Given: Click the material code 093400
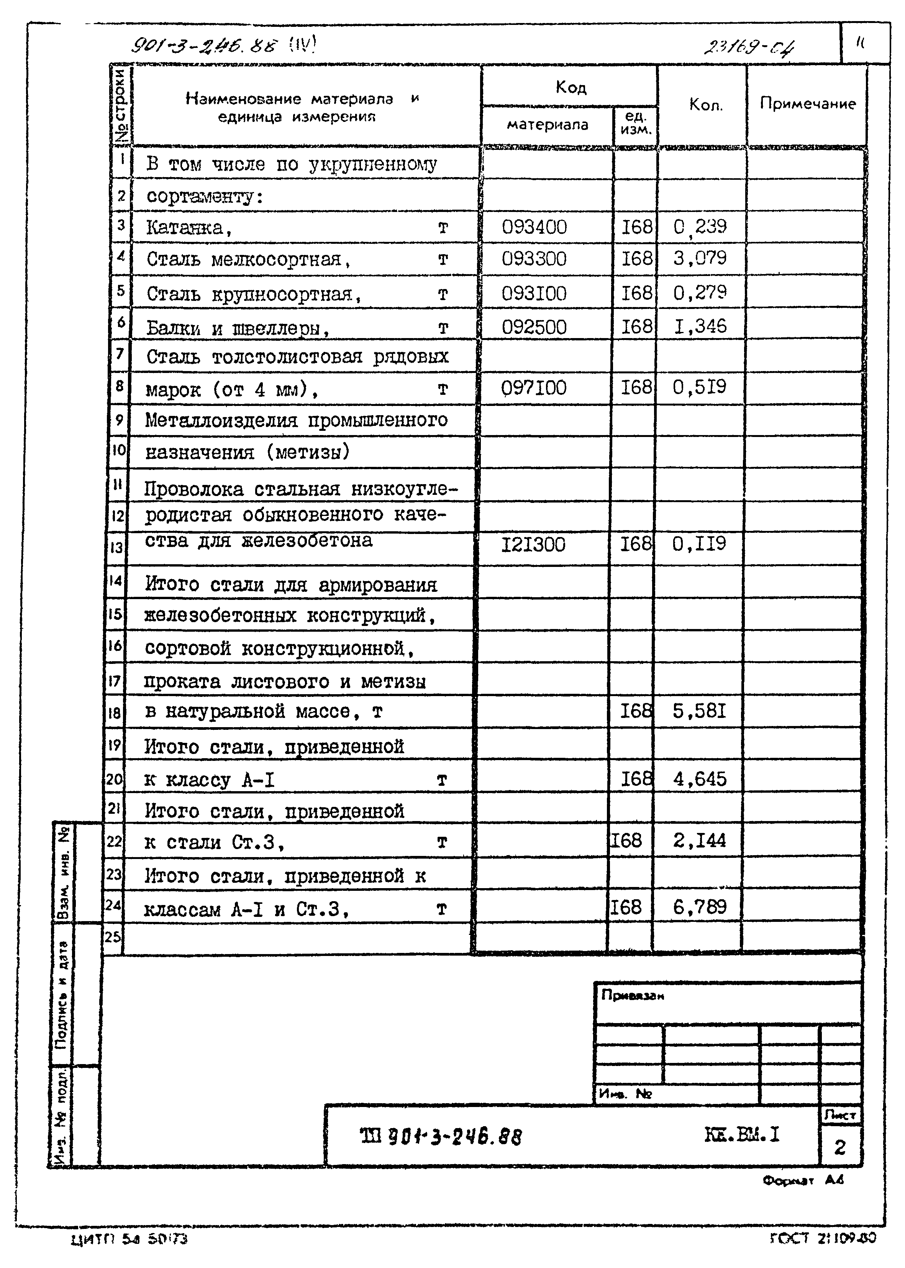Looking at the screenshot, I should (534, 227).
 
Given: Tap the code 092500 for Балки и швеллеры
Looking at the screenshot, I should (534, 327).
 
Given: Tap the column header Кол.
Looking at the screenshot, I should (705, 105).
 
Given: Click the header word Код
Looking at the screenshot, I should (571, 87).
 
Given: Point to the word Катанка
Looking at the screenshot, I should (184, 227).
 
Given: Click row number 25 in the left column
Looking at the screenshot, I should (113, 937).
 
